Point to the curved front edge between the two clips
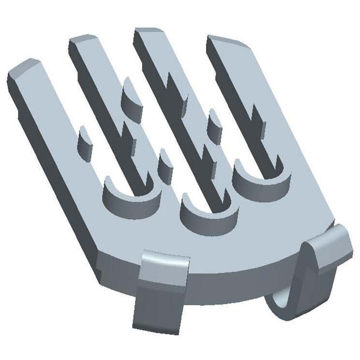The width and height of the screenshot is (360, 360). [242, 271]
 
